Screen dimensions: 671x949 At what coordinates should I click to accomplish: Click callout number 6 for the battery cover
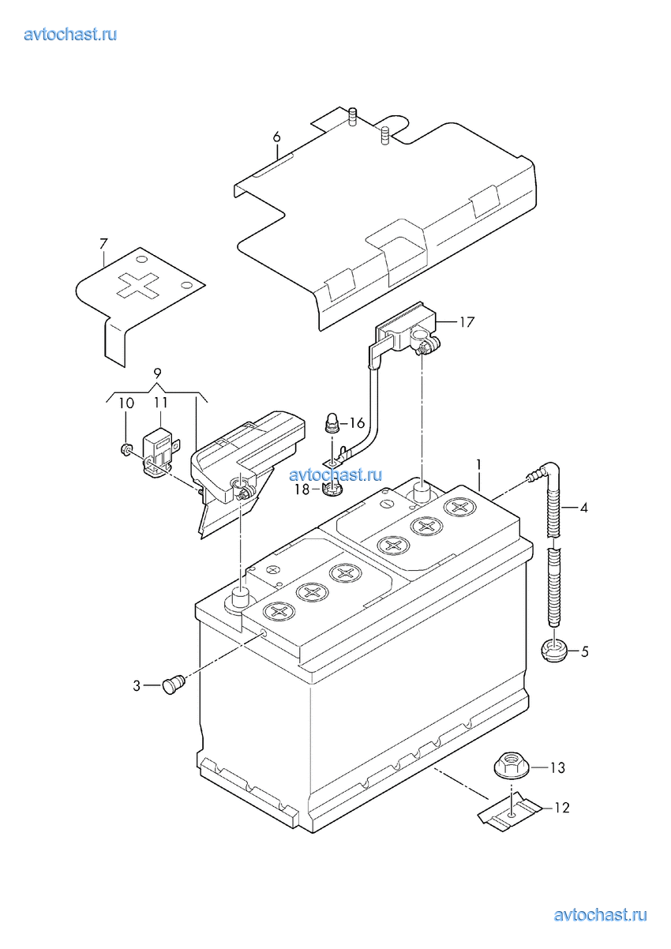pos(276,137)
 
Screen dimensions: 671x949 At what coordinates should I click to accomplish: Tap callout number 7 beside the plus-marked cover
pos(103,244)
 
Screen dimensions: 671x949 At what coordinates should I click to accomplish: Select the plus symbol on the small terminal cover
pos(137,284)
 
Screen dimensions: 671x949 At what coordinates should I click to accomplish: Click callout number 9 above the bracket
pos(157,373)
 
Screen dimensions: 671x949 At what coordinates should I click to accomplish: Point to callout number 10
pos(126,403)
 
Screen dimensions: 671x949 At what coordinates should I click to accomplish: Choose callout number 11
pos(161,403)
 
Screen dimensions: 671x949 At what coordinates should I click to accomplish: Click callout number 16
pos(357,423)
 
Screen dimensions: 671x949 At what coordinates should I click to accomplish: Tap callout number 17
pos(467,322)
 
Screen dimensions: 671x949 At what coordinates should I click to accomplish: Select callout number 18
pos(302,490)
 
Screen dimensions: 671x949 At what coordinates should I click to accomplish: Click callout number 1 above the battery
pos(479,465)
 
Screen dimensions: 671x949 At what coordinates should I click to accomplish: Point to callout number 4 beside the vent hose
pos(583,508)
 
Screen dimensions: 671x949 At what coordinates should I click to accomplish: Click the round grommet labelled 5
pos(553,651)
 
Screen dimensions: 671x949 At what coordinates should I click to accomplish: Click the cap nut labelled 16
pos(332,423)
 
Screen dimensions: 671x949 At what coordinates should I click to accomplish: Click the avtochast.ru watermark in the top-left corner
pos(70,34)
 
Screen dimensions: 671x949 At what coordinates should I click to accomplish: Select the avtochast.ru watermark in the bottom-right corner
pos(600,915)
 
